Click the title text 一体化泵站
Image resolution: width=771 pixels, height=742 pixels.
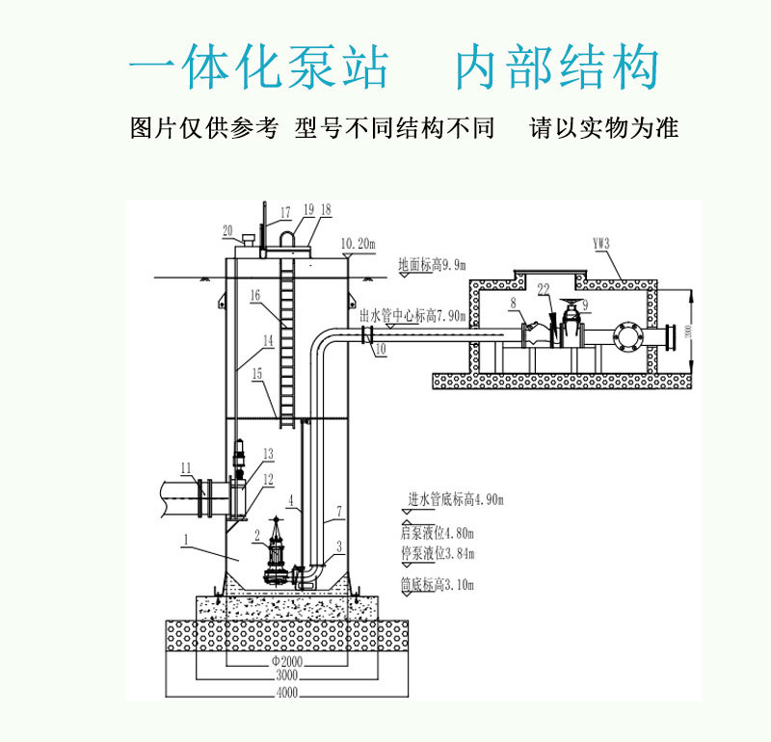(x=258, y=67)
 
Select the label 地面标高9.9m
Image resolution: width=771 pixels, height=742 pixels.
(x=432, y=264)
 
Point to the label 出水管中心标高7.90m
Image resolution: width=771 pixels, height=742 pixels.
(x=412, y=315)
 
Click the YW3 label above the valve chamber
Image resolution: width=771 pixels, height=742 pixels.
(x=601, y=244)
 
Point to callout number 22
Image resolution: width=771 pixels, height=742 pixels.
(x=544, y=288)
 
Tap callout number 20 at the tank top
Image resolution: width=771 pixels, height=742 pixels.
(x=227, y=229)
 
